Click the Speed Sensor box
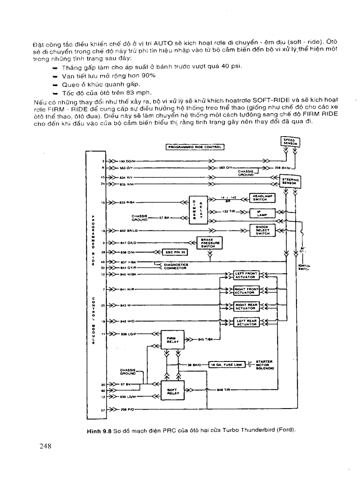pos(289,141)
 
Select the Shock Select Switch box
pos(262,230)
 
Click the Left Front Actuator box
pos(246,275)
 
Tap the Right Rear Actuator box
pos(246,306)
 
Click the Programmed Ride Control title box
pos(195,147)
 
